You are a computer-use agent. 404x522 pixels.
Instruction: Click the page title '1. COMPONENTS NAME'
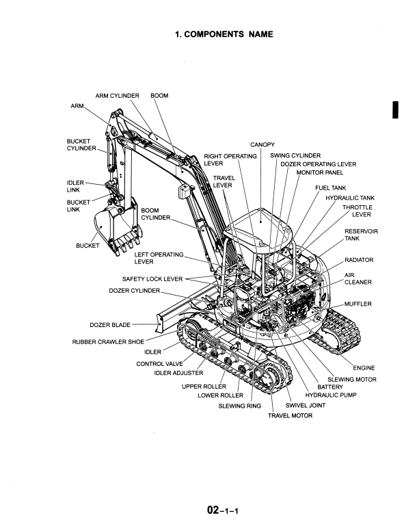click(x=224, y=34)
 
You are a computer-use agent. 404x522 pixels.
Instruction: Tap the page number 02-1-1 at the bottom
click(x=222, y=510)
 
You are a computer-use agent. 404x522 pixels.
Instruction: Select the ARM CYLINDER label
click(x=118, y=96)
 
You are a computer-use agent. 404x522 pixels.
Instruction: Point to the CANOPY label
click(x=262, y=145)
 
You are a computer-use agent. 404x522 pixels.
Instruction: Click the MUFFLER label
click(x=358, y=304)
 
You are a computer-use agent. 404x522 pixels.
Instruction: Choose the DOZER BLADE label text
click(x=110, y=325)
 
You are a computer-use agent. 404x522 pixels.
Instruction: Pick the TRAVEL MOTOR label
click(x=291, y=416)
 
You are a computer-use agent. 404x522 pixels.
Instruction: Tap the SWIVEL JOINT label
click(x=306, y=406)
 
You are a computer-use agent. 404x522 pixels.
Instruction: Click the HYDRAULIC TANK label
click(x=350, y=198)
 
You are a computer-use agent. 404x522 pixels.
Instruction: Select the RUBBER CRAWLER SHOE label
click(x=108, y=342)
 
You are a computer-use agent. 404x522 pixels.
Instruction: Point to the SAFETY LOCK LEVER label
click(x=152, y=279)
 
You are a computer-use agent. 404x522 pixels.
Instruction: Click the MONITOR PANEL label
click(x=319, y=172)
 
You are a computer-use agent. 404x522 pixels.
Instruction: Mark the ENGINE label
click(x=364, y=368)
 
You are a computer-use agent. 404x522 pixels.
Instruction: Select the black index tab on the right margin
click(x=395, y=110)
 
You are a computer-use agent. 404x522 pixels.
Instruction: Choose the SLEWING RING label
click(x=240, y=406)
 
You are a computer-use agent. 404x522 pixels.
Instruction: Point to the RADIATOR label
click(x=359, y=260)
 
